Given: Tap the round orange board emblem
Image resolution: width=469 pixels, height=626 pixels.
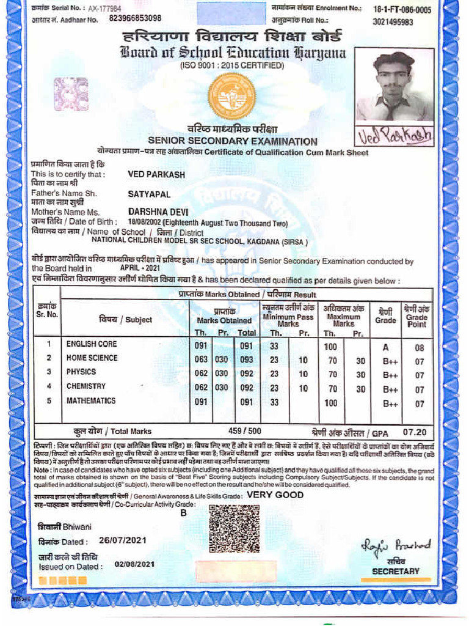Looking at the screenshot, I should (231, 96).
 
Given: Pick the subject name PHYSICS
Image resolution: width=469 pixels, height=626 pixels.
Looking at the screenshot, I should (81, 372).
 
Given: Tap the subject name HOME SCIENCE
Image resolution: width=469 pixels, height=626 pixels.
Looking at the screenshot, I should (92, 358).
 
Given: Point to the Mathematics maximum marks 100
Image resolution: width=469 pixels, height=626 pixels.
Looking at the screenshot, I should (330, 403).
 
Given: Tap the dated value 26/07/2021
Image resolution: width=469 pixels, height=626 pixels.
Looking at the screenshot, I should (123, 540).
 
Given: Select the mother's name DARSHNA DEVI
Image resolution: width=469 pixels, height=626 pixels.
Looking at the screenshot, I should (154, 212).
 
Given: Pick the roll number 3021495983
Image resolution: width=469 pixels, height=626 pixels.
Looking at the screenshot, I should (393, 22).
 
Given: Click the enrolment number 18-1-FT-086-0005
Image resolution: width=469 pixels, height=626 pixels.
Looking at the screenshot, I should (402, 10).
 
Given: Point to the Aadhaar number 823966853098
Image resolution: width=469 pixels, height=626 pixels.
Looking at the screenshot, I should (135, 18).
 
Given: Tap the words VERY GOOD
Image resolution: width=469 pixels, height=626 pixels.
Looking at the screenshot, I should (275, 495).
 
